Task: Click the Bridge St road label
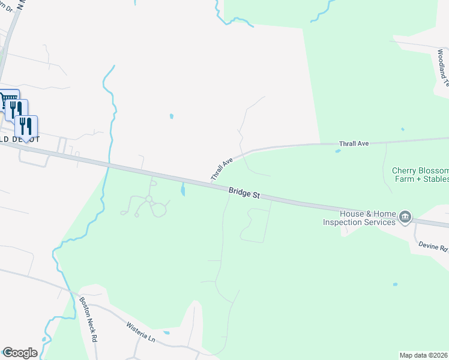pyautogui.click(x=244, y=193)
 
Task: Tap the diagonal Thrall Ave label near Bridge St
pyautogui.click(x=221, y=170)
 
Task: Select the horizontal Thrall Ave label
pyautogui.click(x=354, y=144)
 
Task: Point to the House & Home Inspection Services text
pyautogui.click(x=360, y=218)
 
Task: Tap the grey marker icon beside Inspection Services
pyautogui.click(x=405, y=217)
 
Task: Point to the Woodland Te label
pyautogui.click(x=442, y=73)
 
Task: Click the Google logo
pyautogui.click(x=20, y=353)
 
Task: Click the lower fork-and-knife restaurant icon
pyautogui.click(x=26, y=126)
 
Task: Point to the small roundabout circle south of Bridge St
pyautogui.click(x=148, y=199)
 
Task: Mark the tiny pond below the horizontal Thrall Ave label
pyautogui.click(x=338, y=151)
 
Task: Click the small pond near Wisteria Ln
pyautogui.click(x=166, y=332)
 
